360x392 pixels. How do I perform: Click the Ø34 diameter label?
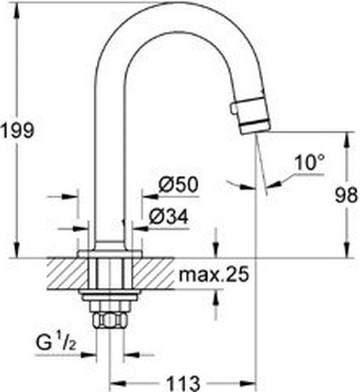[169, 217]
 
